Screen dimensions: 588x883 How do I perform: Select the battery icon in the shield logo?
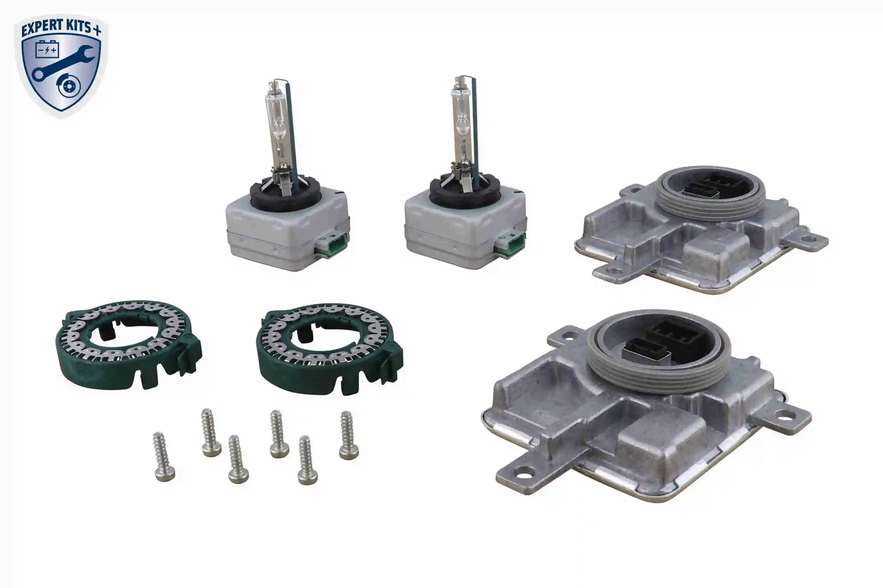47,49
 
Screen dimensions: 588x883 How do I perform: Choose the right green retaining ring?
329,347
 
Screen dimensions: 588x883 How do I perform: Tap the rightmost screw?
348,435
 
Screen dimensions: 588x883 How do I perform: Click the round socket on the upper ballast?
710,197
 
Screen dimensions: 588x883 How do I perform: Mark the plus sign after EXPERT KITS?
97,30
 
